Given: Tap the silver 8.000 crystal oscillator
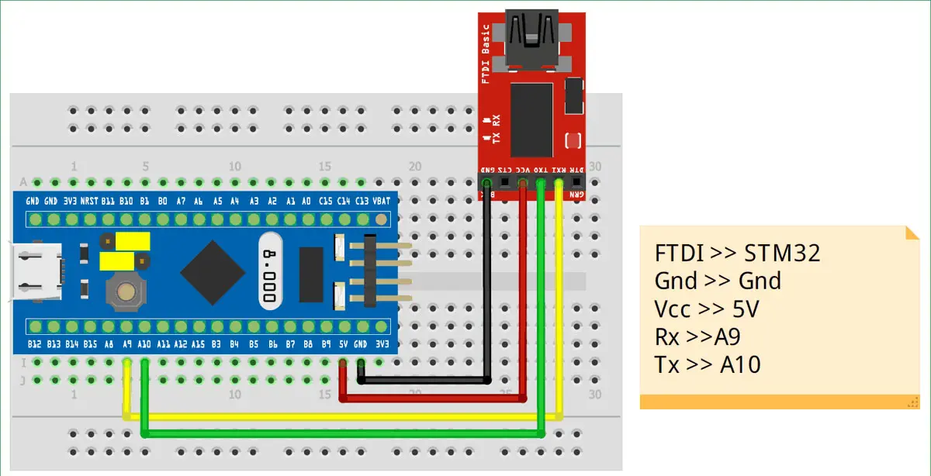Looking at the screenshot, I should coord(270,271).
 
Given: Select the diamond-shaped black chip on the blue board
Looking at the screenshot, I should coord(209,271).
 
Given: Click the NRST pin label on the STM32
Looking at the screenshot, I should coord(89,201).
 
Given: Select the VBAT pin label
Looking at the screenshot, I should coord(382,201).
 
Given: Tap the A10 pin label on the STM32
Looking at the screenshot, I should coord(144,343).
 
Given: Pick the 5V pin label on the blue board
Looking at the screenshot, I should coord(343,343).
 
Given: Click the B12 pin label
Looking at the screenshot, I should coord(34,343).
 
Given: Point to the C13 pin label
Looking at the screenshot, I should coord(362,201).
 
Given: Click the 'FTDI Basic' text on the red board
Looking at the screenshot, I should coord(486,53).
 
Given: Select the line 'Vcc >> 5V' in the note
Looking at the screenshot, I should coord(707,309).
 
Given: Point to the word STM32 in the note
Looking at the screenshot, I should coord(782,253).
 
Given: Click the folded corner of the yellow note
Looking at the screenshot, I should coord(912,233).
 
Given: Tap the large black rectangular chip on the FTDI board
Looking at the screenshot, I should coord(531,120).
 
